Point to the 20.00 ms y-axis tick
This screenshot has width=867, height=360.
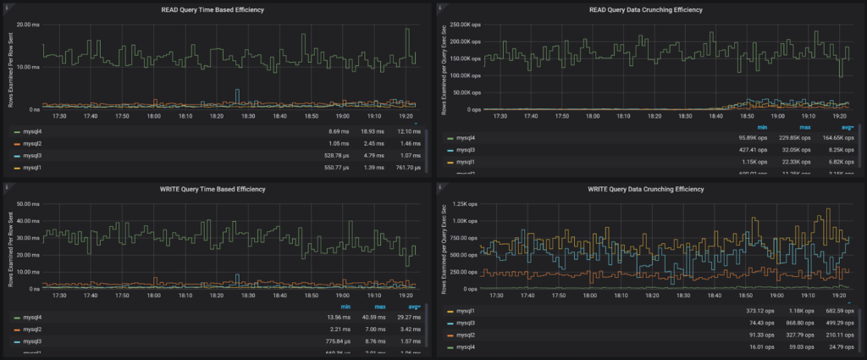28,25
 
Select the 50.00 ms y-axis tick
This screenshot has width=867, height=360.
28,204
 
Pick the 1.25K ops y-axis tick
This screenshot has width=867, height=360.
465,204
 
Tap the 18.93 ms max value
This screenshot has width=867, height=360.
366,132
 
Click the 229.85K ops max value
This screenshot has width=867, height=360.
793,137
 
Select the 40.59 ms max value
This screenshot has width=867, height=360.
366,318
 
